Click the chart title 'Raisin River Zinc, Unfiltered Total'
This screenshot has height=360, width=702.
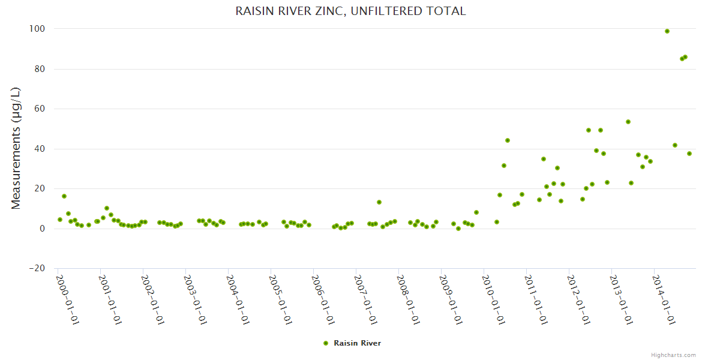click(350, 11)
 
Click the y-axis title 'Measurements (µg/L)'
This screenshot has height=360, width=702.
click(16, 148)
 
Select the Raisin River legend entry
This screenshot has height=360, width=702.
click(352, 343)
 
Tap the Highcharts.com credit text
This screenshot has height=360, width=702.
click(673, 355)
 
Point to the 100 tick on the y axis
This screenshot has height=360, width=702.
click(41, 29)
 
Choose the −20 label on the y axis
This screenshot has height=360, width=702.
click(40, 268)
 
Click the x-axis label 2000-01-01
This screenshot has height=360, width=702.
click(68, 298)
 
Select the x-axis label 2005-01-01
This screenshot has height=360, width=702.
click(281, 298)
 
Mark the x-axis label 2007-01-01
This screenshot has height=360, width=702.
click(366, 298)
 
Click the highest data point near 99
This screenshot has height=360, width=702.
click(667, 31)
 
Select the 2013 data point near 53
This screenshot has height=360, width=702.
click(628, 122)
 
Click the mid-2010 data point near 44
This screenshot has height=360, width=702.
click(508, 140)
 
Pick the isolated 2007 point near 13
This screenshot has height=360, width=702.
click(379, 202)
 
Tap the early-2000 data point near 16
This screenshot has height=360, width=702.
click(64, 196)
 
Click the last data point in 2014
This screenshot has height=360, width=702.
click(689, 154)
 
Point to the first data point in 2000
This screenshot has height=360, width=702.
click(59, 220)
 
